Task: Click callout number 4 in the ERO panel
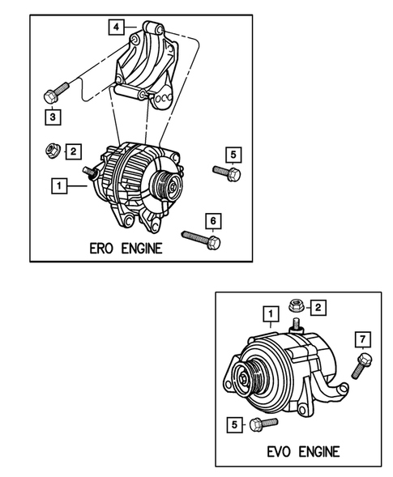tap(118, 27)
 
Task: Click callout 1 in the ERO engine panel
tap(58, 186)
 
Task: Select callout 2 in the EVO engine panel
tap(318, 307)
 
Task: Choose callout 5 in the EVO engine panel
tap(235, 422)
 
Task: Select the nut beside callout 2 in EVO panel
tap(297, 305)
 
